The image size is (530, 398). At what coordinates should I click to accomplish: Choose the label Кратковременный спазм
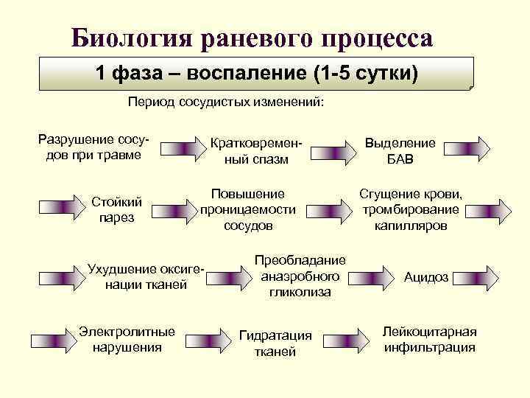tap(256, 151)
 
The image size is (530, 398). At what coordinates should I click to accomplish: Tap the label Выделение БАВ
tap(400, 151)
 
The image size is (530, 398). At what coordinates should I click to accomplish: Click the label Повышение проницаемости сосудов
tap(248, 209)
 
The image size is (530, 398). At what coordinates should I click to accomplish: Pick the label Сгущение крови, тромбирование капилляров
tap(410, 209)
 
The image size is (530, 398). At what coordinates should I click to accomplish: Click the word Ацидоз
tap(426, 277)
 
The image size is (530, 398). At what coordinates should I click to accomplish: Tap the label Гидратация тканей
tap(275, 343)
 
